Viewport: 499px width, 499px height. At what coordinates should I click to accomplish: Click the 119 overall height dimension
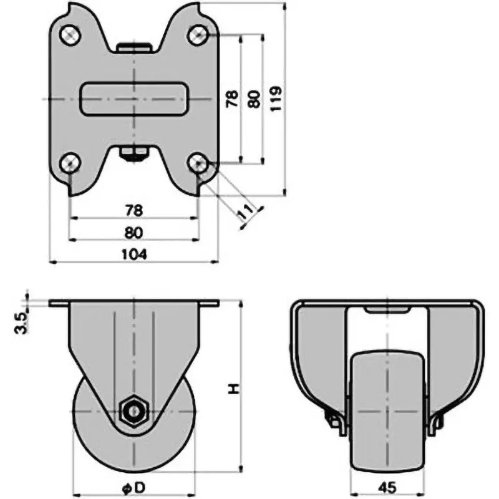pyautogui.click(x=278, y=99)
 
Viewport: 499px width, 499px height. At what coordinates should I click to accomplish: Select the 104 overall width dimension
pyautogui.click(x=134, y=254)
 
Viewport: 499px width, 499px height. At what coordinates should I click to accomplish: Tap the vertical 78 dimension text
pyautogui.click(x=231, y=99)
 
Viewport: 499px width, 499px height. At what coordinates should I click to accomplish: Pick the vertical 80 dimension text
pyautogui.click(x=254, y=99)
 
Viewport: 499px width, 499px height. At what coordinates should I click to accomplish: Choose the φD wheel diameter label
pyautogui.click(x=134, y=485)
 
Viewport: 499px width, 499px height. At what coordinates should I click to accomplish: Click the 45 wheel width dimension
pyautogui.click(x=385, y=485)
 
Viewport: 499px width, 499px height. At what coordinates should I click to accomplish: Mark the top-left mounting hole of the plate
pyautogui.click(x=70, y=34)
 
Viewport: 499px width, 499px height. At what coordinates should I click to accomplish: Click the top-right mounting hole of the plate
pyautogui.click(x=198, y=34)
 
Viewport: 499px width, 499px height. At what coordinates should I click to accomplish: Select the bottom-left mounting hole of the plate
pyautogui.click(x=70, y=163)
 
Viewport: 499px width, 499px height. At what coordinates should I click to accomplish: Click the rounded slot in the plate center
pyautogui.click(x=134, y=99)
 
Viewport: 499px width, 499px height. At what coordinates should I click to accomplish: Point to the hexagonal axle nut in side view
pyautogui.click(x=134, y=412)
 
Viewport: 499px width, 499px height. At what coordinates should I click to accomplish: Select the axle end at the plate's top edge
pyautogui.click(x=134, y=46)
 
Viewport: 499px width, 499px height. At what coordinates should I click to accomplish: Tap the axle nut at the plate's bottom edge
pyautogui.click(x=134, y=153)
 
